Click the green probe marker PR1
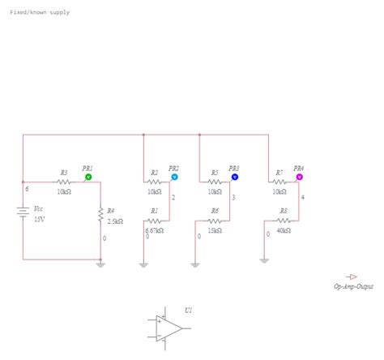coord(88,176)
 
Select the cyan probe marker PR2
coord(173,176)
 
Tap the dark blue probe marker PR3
coord(235,176)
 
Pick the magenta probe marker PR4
coord(298,176)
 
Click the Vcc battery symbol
coord(23,212)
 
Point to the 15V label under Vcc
coord(39,220)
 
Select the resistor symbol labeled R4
coord(100,216)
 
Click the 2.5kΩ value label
coord(115,221)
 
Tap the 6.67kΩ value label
coord(154,229)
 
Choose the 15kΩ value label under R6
coord(215,229)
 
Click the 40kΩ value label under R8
coord(284,229)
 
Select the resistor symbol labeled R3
coord(63,182)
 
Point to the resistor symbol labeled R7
coord(279,182)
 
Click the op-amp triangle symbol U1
coord(170,328)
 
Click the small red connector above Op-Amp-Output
coord(352,276)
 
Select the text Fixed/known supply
coord(39,14)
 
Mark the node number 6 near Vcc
coord(28,188)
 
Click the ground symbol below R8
coord(264,260)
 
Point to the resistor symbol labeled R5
coord(215,182)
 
